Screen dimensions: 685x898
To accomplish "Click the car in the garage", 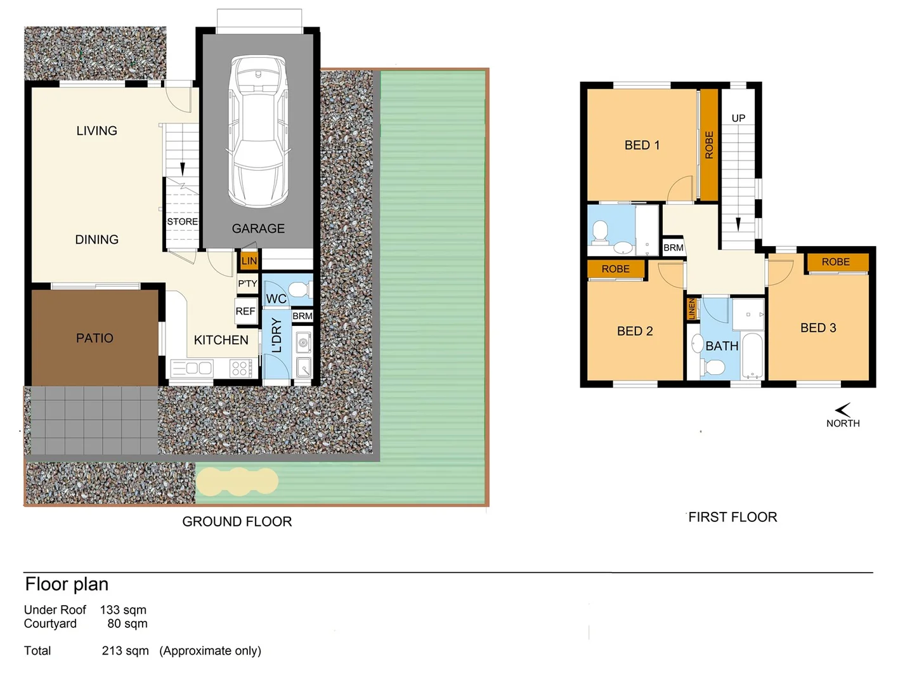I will (x=258, y=131).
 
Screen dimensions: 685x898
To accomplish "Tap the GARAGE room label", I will (x=258, y=228).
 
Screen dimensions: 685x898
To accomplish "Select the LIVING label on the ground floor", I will (x=96, y=131).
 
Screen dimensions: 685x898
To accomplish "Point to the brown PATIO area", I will (x=94, y=338).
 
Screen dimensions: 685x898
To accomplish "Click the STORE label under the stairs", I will (x=182, y=221).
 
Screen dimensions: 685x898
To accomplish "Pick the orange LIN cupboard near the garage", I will (x=249, y=261).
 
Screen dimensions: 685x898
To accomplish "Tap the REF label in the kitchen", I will (x=245, y=311).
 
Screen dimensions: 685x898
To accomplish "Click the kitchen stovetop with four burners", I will (x=240, y=369).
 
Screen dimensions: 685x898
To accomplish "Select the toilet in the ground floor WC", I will (x=301, y=289).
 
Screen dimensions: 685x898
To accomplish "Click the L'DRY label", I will (x=277, y=336).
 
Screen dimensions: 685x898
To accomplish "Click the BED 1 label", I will (x=642, y=145).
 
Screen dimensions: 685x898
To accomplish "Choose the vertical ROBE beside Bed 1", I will (x=709, y=145).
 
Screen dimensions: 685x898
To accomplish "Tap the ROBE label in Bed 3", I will (x=835, y=262).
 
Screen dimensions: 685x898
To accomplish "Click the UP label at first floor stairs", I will (x=738, y=118).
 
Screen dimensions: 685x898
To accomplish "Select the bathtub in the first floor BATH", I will (x=753, y=356).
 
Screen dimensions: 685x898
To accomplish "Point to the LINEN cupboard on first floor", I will (x=692, y=310).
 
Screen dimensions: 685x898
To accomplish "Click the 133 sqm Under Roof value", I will (x=123, y=610).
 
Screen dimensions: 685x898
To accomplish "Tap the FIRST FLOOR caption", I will (x=732, y=517).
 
